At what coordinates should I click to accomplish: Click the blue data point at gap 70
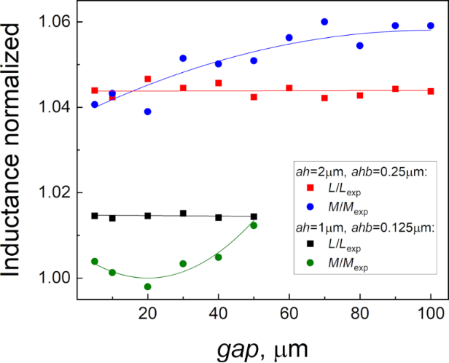pos(324,22)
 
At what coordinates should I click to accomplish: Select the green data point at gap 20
pos(148,286)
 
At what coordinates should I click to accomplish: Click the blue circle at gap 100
pos(431,26)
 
